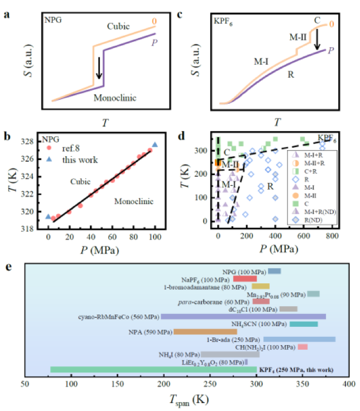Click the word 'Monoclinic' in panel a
pyautogui.click(x=114, y=96)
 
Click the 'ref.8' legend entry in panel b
pyautogui.click(x=71, y=149)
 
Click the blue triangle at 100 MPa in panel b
pyautogui.click(x=155, y=145)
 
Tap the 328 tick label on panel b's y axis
pyautogui.click(x=32, y=142)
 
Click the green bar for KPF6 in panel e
pyautogui.click(x=153, y=369)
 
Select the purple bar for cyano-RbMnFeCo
pyautogui.click(x=243, y=317)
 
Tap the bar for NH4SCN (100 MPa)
pyautogui.click(x=304, y=324)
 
